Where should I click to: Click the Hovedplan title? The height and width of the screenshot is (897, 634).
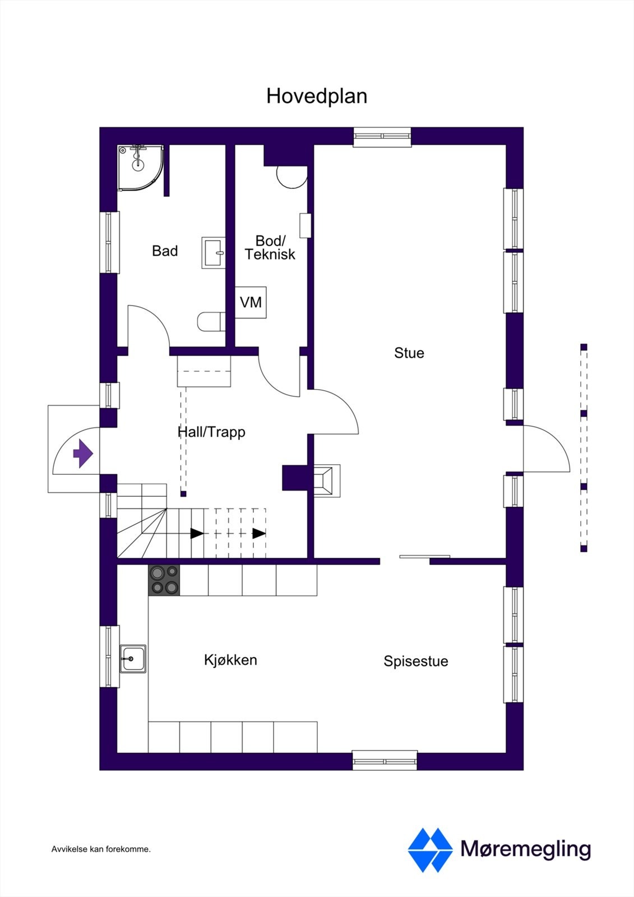pyautogui.click(x=317, y=96)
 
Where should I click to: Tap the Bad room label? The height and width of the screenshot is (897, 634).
pyautogui.click(x=165, y=251)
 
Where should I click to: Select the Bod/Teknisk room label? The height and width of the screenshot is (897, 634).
pyautogui.click(x=270, y=247)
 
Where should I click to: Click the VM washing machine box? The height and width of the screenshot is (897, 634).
pyautogui.click(x=251, y=303)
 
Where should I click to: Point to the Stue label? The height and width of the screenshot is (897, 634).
pyautogui.click(x=409, y=353)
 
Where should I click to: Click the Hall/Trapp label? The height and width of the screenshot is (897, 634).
pyautogui.click(x=211, y=432)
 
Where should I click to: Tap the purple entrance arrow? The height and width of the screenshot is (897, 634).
pyautogui.click(x=83, y=454)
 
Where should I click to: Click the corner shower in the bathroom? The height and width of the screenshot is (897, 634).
pyautogui.click(x=139, y=166)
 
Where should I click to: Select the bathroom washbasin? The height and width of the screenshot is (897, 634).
pyautogui.click(x=214, y=253)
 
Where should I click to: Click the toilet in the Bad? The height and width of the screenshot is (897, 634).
pyautogui.click(x=211, y=322)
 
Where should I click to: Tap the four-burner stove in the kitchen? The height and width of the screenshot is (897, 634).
pyautogui.click(x=164, y=580)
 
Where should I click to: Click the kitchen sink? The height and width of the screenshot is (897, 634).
pyautogui.click(x=133, y=659)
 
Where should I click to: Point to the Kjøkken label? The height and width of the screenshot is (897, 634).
pyautogui.click(x=230, y=660)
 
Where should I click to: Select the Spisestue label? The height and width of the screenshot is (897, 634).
pyautogui.click(x=415, y=661)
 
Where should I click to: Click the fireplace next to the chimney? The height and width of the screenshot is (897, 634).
pyautogui.click(x=326, y=480)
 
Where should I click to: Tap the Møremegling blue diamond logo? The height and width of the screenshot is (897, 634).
pyautogui.click(x=430, y=850)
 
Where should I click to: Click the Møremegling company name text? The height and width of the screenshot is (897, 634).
pyautogui.click(x=525, y=849)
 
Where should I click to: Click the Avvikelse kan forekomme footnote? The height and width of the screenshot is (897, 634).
pyautogui.click(x=101, y=849)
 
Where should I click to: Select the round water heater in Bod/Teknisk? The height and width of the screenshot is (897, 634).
pyautogui.click(x=291, y=177)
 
